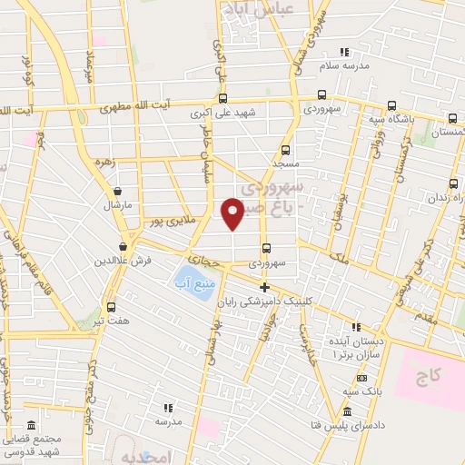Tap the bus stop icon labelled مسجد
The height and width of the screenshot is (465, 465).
[x=286, y=150]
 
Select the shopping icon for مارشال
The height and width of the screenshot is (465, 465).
[x=118, y=191]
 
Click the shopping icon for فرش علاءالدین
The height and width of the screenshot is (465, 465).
[x=123, y=246]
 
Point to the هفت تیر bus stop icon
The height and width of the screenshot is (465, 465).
[x=111, y=307]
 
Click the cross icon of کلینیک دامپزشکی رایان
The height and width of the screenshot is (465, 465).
[x=264, y=287]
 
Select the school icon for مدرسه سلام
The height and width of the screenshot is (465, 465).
[x=343, y=52]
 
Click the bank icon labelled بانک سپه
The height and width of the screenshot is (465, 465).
[x=361, y=378]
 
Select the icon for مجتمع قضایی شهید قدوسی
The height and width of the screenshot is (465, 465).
[x=32, y=426]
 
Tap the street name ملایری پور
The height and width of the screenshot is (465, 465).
[x=174, y=221]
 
